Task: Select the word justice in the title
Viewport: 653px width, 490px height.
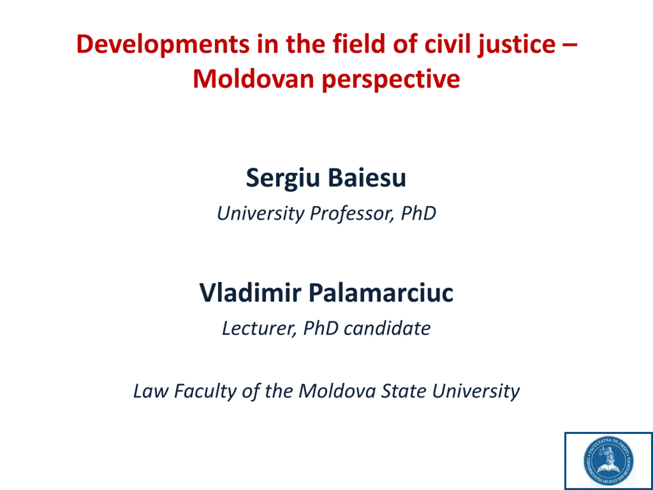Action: pos(517,45)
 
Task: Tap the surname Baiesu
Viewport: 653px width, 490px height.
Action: pos(367,178)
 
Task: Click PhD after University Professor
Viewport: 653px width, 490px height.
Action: pos(418,213)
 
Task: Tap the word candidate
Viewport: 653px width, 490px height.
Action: pos(387,328)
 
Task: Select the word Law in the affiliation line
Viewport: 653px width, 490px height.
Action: pos(151,391)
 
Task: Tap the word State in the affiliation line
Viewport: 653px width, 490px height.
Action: pos(403,391)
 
